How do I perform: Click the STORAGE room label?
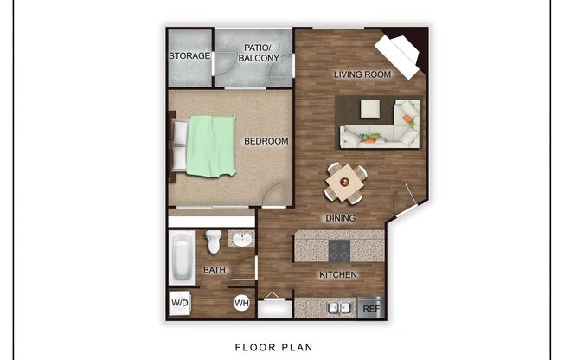point(189,56)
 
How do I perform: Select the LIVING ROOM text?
point(363,74)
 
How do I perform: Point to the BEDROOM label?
point(266,141)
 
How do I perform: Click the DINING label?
point(340,218)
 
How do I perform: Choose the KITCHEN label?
point(338,275)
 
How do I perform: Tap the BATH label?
point(215,270)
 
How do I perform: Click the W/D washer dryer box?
point(180,304)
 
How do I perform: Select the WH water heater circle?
point(241,304)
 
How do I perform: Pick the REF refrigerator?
point(371,307)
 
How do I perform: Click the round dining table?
point(345,182)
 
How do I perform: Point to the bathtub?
point(183,257)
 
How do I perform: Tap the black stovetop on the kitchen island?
point(340,250)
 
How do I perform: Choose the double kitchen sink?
point(337,307)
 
